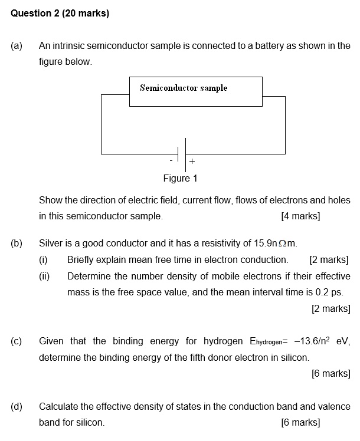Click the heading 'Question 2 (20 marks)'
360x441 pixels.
pyautogui.click(x=60, y=13)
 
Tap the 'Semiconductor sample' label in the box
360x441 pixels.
pyautogui.click(x=184, y=88)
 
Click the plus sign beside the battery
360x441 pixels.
pyautogui.click(x=192, y=161)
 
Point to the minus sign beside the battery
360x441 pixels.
pyautogui.click(x=171, y=160)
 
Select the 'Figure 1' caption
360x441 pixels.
pyautogui.click(x=181, y=178)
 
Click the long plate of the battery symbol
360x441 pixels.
pyautogui.click(x=185, y=154)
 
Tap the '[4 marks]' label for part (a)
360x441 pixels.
pyautogui.click(x=300, y=216)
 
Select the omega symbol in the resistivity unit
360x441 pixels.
pyautogui.click(x=282, y=243)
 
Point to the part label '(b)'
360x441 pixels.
pyautogui.click(x=17, y=243)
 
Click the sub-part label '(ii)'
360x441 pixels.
pyautogui.click(x=44, y=276)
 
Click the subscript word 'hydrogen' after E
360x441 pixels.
pyautogui.click(x=269, y=343)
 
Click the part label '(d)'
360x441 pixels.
pyautogui.click(x=17, y=407)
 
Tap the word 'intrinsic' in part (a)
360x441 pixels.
pyautogui.click(x=68, y=45)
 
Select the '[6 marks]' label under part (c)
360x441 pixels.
pyautogui.click(x=331, y=374)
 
